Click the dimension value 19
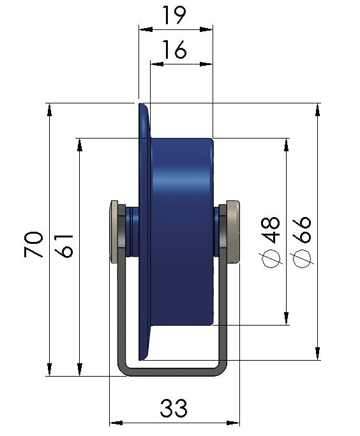tap(174, 15)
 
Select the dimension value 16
tap(174, 50)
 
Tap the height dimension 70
tap(34, 244)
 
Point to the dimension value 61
tap(64, 246)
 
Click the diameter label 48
tap(271, 230)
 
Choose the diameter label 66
tap(301, 230)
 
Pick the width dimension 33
tap(174, 408)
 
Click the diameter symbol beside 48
tap(271, 259)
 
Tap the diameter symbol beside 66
tap(302, 259)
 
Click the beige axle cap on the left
tap(114, 232)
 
